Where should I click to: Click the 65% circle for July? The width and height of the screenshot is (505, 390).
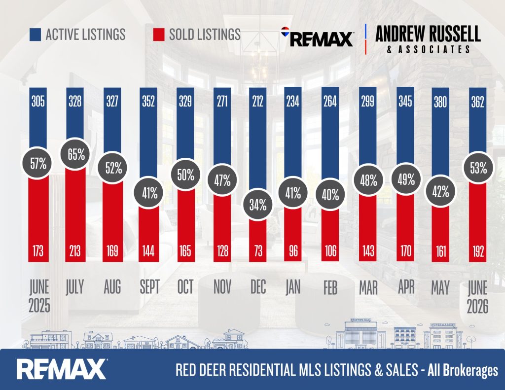(76, 154)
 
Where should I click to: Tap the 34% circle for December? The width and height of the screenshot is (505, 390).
(258, 205)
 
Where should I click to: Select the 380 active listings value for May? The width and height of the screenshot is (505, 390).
(440, 102)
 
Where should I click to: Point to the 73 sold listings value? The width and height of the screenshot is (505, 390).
(258, 251)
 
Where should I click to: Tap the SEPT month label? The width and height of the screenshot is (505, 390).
(149, 287)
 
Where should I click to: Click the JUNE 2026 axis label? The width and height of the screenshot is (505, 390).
(477, 297)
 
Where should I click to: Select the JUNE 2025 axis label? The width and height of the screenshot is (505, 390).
(39, 297)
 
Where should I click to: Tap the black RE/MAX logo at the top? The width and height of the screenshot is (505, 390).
(318, 37)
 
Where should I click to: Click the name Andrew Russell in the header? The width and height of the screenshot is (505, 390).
(428, 34)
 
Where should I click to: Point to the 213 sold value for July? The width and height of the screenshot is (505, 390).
(75, 251)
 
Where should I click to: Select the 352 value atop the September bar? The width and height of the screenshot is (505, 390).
(148, 102)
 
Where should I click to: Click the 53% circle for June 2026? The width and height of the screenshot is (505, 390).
(478, 168)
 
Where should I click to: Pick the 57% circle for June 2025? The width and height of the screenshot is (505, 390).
(38, 164)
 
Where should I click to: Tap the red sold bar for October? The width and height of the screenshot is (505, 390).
(185, 225)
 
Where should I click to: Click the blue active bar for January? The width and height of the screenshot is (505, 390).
(293, 138)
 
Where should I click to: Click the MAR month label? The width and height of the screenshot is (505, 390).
(368, 287)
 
